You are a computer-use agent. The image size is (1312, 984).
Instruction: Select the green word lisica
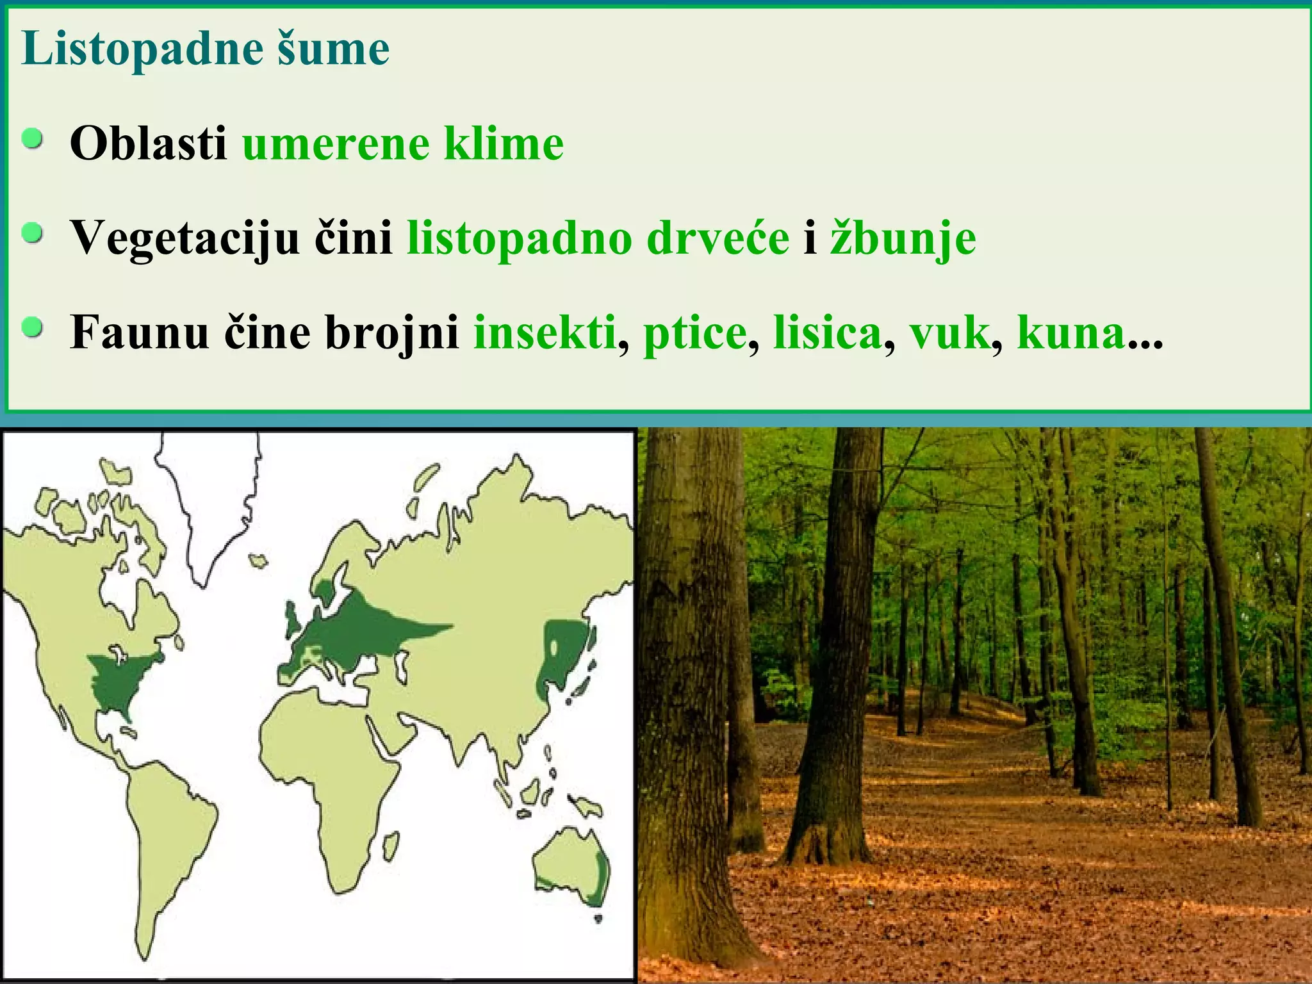[827, 332]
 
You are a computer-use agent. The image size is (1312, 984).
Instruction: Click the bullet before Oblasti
[32, 139]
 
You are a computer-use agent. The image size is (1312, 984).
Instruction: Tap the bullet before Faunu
[32, 329]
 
